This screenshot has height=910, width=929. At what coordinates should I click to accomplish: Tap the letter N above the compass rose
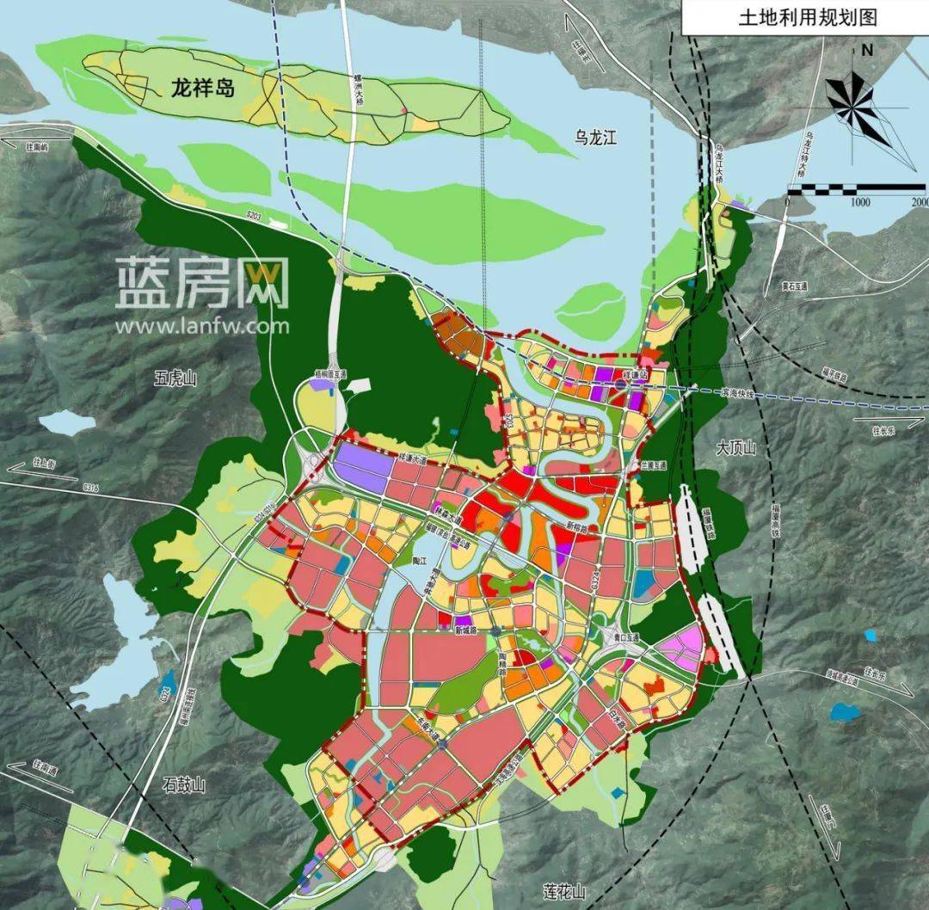pyautogui.click(x=867, y=50)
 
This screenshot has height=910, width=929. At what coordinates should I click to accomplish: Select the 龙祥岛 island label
pyautogui.click(x=203, y=88)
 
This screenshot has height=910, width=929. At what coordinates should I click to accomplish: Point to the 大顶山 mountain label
pyautogui.click(x=735, y=447)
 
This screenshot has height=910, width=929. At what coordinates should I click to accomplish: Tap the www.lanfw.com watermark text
pyautogui.click(x=203, y=326)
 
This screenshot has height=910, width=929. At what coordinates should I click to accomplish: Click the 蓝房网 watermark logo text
pyautogui.click(x=203, y=283)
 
